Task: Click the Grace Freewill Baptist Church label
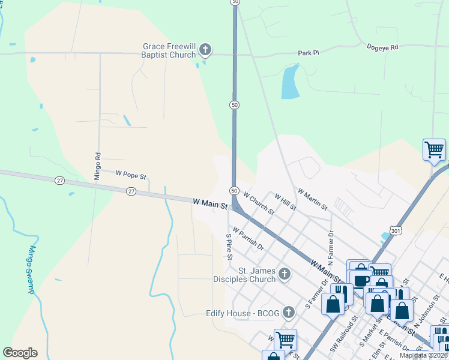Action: pos(169,50)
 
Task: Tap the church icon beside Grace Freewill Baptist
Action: pos(205,50)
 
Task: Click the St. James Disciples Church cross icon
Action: pos(285,275)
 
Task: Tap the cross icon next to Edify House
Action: pos(289,312)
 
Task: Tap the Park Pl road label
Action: pos(308,53)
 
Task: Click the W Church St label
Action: pos(259,203)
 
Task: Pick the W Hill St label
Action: pos(285,202)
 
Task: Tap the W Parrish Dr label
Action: pos(248,238)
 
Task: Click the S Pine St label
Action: pos(229,247)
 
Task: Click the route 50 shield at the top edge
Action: pos(235,2)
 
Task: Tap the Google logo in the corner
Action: pos(20,353)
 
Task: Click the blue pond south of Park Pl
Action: pos(290,82)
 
